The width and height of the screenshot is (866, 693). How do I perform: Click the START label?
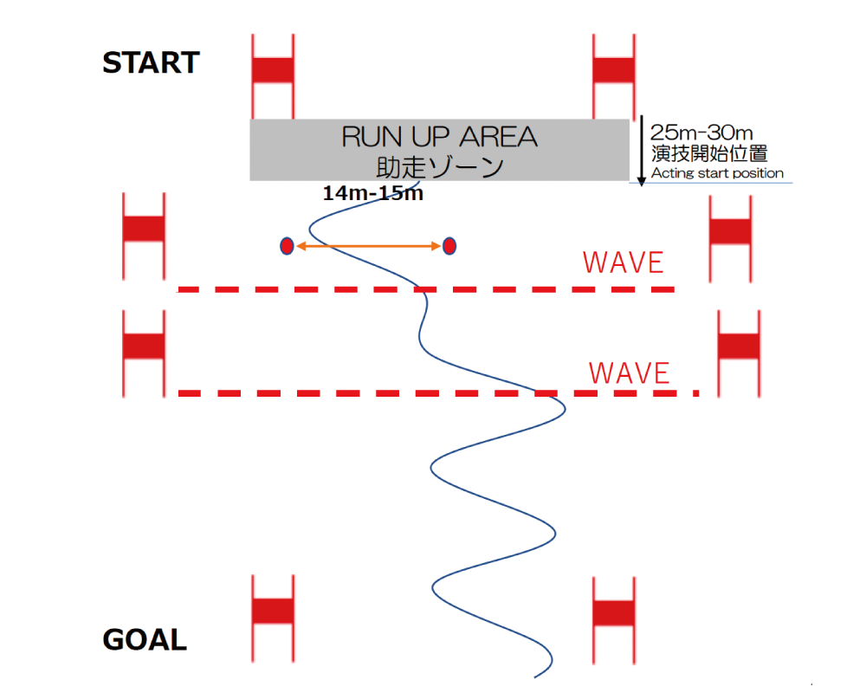pyautogui.click(x=151, y=63)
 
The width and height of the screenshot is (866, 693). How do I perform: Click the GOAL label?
pyautogui.click(x=145, y=640)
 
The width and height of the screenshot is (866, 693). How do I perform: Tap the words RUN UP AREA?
pyautogui.click(x=439, y=137)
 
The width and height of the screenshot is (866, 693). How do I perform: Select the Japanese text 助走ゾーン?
pyautogui.click(x=439, y=165)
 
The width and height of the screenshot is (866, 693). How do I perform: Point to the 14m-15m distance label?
pyautogui.click(x=372, y=193)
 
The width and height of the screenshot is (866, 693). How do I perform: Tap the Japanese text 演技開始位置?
pyautogui.click(x=709, y=153)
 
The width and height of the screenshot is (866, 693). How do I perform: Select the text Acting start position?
pyautogui.click(x=717, y=173)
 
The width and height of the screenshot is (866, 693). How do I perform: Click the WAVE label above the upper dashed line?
pyautogui.click(x=624, y=262)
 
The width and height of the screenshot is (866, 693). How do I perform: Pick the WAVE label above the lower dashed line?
pyautogui.click(x=630, y=372)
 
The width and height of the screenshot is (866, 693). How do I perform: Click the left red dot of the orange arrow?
pyautogui.click(x=287, y=246)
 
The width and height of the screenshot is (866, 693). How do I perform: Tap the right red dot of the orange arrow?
pyautogui.click(x=449, y=246)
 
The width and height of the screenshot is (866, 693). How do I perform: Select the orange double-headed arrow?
pyautogui.click(x=368, y=247)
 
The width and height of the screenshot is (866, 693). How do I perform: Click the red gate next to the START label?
pyautogui.click(x=273, y=72)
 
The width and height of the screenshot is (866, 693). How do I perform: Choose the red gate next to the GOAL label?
pyautogui.click(x=273, y=612)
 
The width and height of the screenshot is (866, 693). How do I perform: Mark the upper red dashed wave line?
pyautogui.click(x=424, y=289)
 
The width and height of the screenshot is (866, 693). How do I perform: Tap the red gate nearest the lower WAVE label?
pyautogui.click(x=739, y=346)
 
